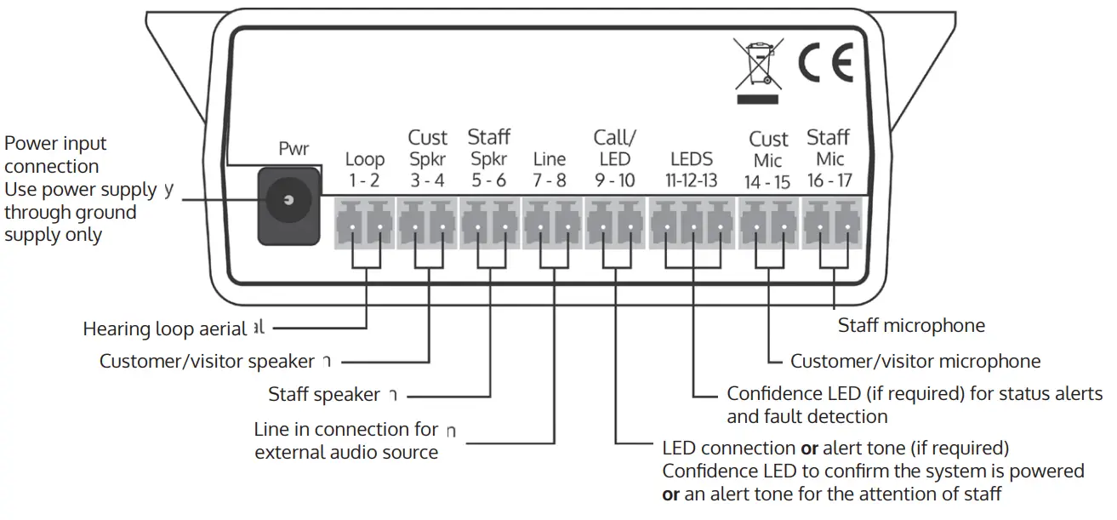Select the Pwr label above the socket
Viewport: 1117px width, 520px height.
point(294,149)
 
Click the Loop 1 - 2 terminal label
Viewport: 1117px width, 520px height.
point(364,169)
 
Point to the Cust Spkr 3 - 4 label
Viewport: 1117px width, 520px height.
point(427,158)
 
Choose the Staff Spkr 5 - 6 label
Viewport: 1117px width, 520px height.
point(489,158)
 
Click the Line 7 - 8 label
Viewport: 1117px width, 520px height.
point(550,169)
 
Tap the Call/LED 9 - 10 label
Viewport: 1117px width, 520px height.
point(614,158)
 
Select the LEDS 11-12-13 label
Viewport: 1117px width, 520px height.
point(692,169)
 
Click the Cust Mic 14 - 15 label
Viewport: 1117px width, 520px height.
point(767,160)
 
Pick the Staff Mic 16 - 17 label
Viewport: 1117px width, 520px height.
point(829,158)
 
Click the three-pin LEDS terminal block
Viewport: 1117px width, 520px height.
point(692,225)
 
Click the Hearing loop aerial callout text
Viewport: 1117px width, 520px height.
point(165,329)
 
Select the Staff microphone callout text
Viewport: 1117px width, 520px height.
point(911,325)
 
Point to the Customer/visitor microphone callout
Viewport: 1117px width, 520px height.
point(915,361)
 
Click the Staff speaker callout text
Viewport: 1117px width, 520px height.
point(324,395)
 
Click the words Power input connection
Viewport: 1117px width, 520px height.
point(56,155)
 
